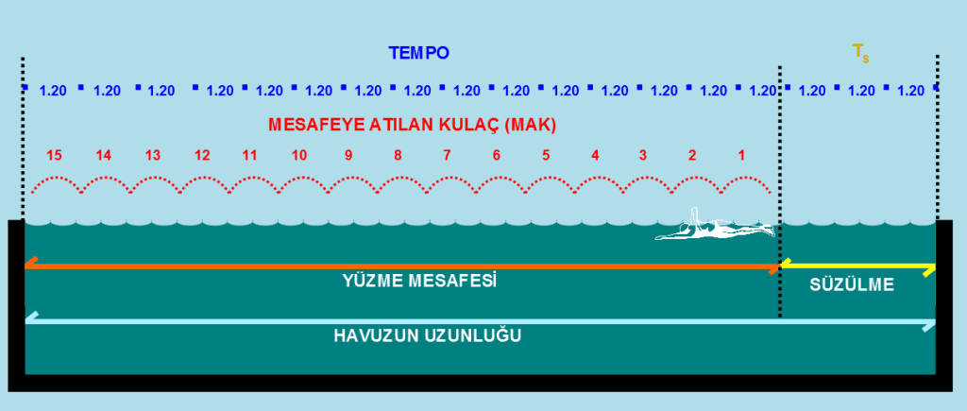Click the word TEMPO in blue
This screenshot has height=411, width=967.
coord(418,53)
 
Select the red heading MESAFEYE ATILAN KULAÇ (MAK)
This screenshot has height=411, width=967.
coord(413,126)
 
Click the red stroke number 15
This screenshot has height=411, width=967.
coord(54,156)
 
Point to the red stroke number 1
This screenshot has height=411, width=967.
coord(741,156)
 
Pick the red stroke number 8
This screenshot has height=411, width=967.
coord(398,156)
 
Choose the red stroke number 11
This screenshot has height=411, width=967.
coord(249,156)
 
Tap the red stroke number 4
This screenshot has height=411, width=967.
coord(595,156)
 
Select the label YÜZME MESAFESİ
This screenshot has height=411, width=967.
coord(420,281)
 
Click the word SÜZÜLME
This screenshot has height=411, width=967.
coord(852,285)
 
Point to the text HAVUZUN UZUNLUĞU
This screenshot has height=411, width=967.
coord(428,336)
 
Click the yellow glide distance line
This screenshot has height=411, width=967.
coord(857,266)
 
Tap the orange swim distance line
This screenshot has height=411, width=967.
coord(402,266)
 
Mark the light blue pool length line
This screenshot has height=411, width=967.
coord(481,321)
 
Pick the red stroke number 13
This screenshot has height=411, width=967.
coord(153,156)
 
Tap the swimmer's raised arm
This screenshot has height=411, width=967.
coord(695,216)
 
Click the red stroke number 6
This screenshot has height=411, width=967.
coord(497,156)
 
